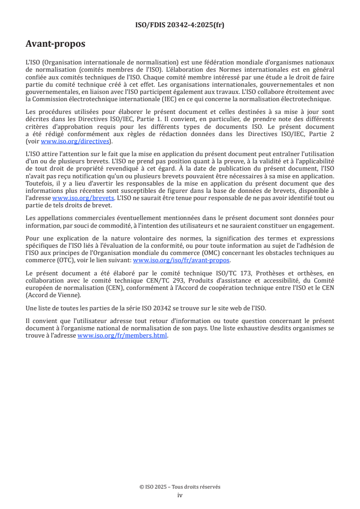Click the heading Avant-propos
[x=55, y=44]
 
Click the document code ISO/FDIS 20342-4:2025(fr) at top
[x=180, y=25]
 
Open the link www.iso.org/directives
[x=75, y=141]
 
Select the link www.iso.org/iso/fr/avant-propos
[x=182, y=260]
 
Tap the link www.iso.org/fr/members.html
[x=123, y=336]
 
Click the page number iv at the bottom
[x=180, y=495]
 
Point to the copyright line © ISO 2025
[x=180, y=487]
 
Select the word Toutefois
[x=39, y=184]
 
